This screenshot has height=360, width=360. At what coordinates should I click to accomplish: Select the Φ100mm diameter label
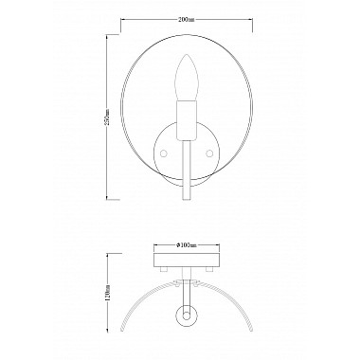point(186,244)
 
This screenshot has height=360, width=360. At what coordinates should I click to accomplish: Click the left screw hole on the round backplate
point(164,153)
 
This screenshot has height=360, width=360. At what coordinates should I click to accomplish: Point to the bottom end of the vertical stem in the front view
point(187,200)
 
